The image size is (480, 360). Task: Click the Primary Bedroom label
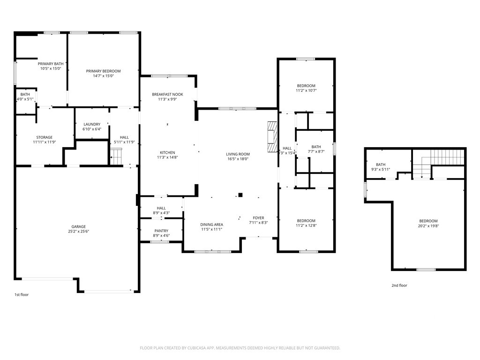pos(103,71)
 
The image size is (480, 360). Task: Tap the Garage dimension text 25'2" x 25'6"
pos(79,232)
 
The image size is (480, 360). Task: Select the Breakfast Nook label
pos(167,94)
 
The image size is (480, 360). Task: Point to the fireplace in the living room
pos(272,136)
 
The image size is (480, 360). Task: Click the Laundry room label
pos(92,124)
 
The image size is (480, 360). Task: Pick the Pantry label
pos(161,231)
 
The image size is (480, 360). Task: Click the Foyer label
pos(258,218)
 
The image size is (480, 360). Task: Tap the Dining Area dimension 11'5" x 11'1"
pos(211,229)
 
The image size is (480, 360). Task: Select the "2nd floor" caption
pos(399,285)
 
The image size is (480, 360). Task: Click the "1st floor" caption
pos(22,294)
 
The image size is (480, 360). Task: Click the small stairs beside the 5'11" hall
pos(116,157)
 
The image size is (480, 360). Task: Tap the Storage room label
pos(45,137)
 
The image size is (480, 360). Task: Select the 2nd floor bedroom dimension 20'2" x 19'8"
pos(428,226)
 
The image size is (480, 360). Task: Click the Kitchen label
pos(167,152)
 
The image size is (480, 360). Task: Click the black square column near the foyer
pos(240,195)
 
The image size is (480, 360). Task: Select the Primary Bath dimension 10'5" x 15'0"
pos(51,68)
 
